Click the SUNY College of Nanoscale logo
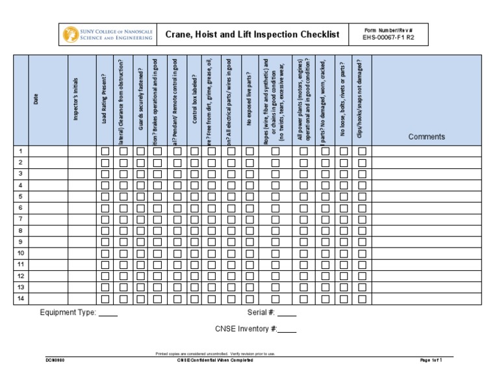point(109,34)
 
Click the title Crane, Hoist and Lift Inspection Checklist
point(252,34)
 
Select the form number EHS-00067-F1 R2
point(389,38)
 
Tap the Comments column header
point(426,136)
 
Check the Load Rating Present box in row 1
point(105,151)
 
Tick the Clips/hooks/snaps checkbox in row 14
point(362,299)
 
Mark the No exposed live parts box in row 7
point(250,220)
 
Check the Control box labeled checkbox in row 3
point(194,174)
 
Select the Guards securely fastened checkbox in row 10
point(140,253)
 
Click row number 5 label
point(21,196)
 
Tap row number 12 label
point(21,276)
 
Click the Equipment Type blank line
point(109,313)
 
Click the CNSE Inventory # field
point(287,329)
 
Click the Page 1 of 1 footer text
point(431,360)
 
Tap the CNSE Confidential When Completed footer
point(215,360)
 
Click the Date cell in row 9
point(48,242)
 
